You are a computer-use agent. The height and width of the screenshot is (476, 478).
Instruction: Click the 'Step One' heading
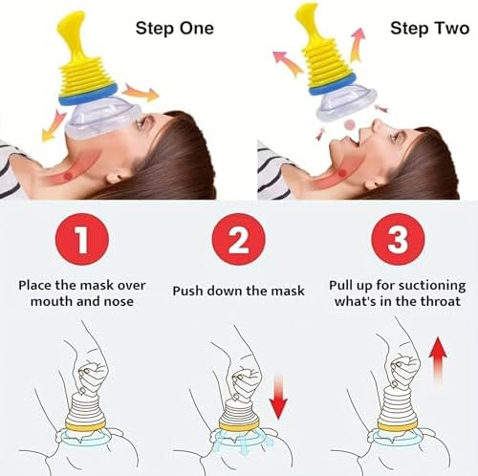tap(175, 29)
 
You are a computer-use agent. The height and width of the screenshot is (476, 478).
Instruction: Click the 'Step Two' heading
tap(430, 29)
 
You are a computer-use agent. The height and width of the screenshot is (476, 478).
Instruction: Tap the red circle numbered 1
tap(82, 239)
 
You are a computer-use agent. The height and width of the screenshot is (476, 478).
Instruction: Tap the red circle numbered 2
tap(239, 239)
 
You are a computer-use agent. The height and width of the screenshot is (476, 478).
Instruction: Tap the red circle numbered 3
tap(398, 239)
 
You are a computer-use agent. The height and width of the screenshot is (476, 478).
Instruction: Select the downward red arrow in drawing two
tap(278, 397)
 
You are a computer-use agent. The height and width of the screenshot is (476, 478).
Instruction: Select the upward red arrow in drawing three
tap(438, 360)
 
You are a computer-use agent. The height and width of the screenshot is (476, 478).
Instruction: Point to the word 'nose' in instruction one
tap(119, 301)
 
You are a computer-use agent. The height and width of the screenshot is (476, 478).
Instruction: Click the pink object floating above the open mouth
tap(350, 124)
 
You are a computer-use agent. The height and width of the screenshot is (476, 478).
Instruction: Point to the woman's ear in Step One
tap(118, 176)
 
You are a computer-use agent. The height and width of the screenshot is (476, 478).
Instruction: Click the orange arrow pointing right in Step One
tap(141, 93)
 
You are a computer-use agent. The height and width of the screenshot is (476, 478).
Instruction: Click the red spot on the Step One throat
tap(68, 176)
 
